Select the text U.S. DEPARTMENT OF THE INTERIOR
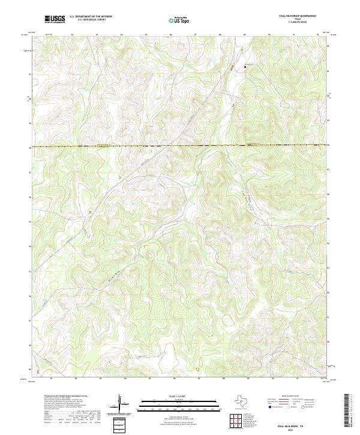91,17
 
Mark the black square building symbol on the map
244,67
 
